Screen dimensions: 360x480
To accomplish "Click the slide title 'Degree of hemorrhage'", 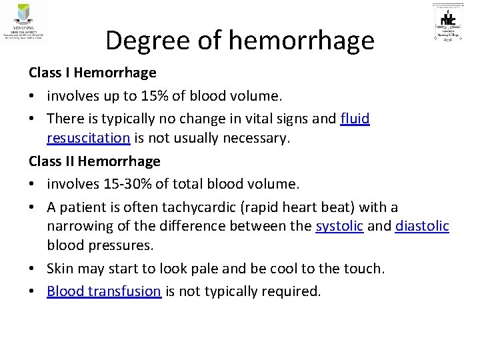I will (x=240, y=41).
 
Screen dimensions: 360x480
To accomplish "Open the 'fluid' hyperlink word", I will (x=355, y=119).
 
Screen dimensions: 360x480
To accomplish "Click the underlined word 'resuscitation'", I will (x=88, y=138).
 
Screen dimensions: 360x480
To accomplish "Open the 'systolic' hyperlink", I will (x=339, y=226).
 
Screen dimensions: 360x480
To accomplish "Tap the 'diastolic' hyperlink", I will (x=422, y=226).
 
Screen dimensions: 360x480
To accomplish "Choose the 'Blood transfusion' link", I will (x=104, y=291).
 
